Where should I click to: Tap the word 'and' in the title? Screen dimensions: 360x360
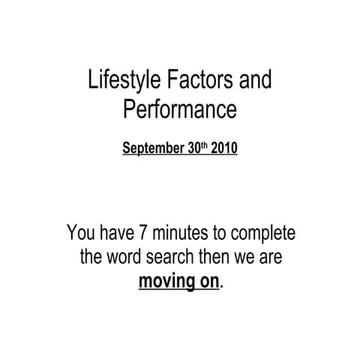click(x=255, y=80)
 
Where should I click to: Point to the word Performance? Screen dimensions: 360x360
click(x=179, y=110)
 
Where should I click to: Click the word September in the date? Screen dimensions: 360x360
click(x=152, y=148)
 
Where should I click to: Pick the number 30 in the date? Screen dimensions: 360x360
click(x=193, y=148)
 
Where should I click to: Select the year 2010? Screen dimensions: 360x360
click(x=224, y=148)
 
